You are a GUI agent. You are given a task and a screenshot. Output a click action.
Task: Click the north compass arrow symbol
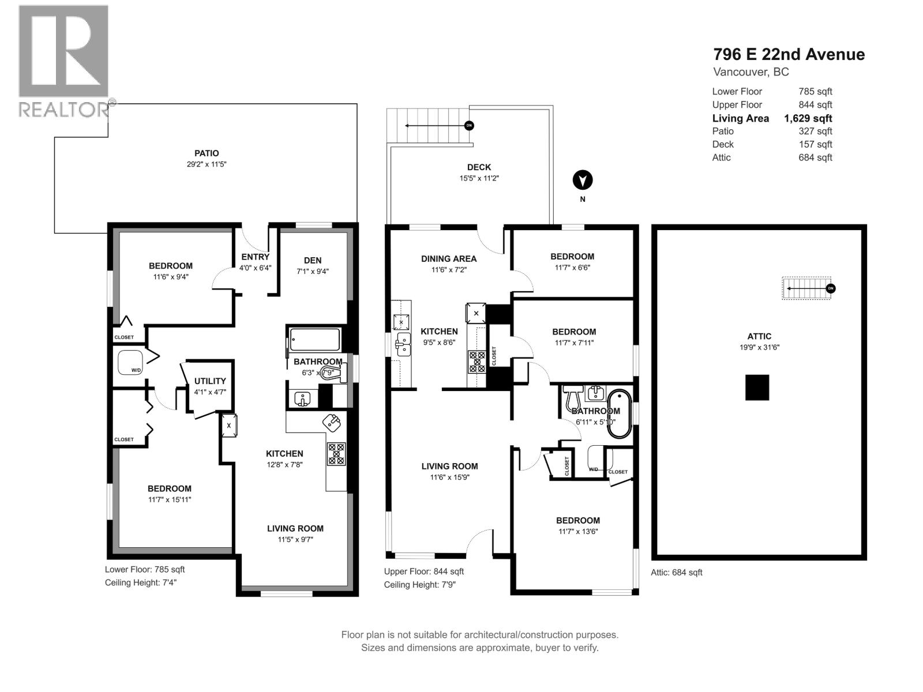tap(583, 180)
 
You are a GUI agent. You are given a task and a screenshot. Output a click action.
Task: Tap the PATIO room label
tap(207, 153)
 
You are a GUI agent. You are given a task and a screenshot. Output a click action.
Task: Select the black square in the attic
tap(757, 388)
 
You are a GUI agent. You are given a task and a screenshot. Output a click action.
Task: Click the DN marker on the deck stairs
tap(469, 125)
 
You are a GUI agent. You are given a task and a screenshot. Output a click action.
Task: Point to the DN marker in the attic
tap(830, 288)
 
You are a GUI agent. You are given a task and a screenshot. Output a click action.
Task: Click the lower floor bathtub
tap(314, 340)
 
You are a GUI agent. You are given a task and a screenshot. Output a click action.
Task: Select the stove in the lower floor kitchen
tap(336, 454)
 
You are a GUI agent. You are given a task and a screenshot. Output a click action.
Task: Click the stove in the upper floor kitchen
tap(477, 362)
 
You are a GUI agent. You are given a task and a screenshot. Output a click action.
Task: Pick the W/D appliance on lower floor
tap(131, 363)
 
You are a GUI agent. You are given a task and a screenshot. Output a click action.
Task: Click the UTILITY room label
tap(210, 381)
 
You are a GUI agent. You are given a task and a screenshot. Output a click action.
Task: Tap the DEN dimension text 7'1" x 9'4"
tap(313, 272)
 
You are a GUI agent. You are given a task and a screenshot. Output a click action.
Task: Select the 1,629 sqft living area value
tap(808, 118)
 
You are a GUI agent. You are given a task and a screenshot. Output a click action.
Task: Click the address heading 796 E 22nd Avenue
tap(789, 54)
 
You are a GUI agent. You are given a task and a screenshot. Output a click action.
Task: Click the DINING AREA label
tap(449, 259)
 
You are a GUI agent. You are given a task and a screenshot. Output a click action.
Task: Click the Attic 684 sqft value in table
tap(815, 157)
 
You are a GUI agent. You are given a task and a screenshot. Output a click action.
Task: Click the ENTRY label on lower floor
tap(255, 257)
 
